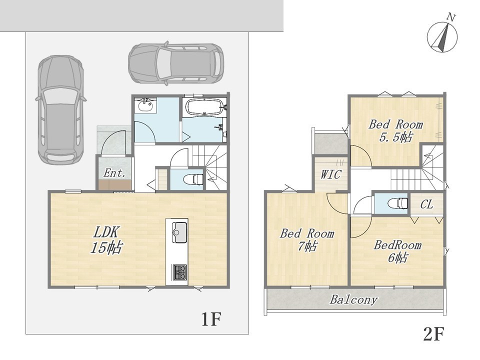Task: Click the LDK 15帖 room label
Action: [x=106, y=240]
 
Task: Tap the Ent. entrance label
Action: [x=114, y=173]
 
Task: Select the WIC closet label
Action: [x=330, y=174]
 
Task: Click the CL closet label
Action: [x=426, y=204]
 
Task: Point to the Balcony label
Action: [x=353, y=299]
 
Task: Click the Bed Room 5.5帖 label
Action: [x=395, y=130]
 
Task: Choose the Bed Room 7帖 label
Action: [x=307, y=240]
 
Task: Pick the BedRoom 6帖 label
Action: [x=397, y=251]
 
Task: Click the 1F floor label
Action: [x=210, y=319]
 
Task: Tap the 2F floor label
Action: [x=433, y=334]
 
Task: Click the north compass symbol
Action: [x=442, y=34]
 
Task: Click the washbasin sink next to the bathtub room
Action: [x=145, y=105]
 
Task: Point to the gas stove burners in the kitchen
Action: [x=179, y=272]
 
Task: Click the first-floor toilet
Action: [x=193, y=179]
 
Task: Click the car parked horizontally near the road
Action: [x=176, y=63]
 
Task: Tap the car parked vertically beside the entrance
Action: [x=60, y=110]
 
